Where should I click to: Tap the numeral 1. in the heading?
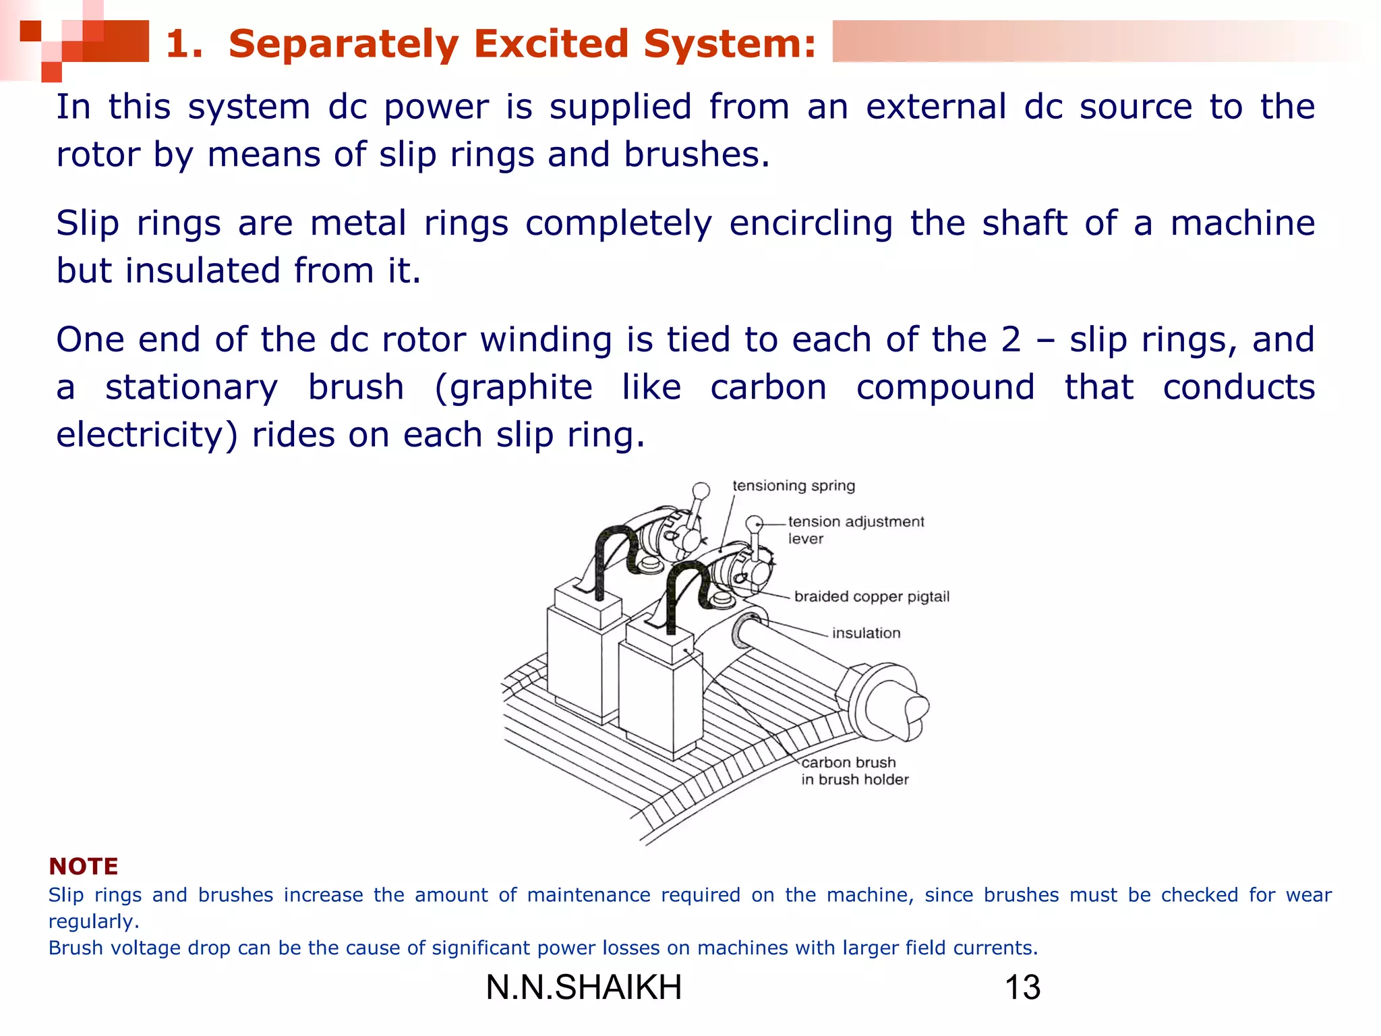[183, 44]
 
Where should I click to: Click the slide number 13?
[1022, 987]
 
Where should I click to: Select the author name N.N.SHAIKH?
[584, 987]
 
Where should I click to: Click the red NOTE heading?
[84, 866]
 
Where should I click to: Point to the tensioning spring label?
[793, 486]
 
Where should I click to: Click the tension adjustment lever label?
[855, 529]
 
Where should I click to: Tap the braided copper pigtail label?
[871, 596]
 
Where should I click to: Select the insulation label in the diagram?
[866, 633]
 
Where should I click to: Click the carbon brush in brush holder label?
[854, 770]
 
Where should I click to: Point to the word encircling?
[811, 223]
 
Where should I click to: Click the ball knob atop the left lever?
[701, 490]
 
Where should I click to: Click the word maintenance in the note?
[589, 895]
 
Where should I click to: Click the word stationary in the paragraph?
[192, 388]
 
